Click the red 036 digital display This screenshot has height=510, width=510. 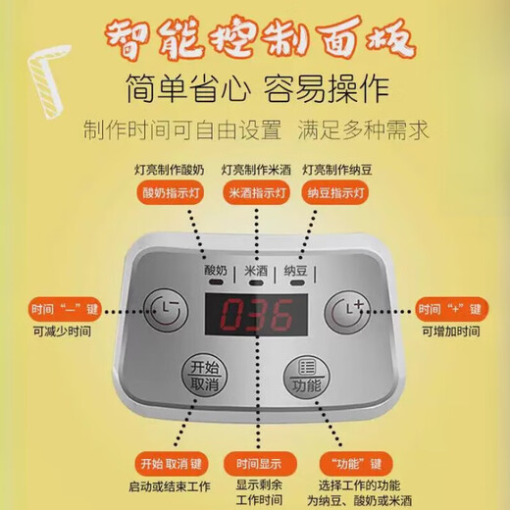click(255, 317)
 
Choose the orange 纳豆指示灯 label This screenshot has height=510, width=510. click(334, 193)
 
